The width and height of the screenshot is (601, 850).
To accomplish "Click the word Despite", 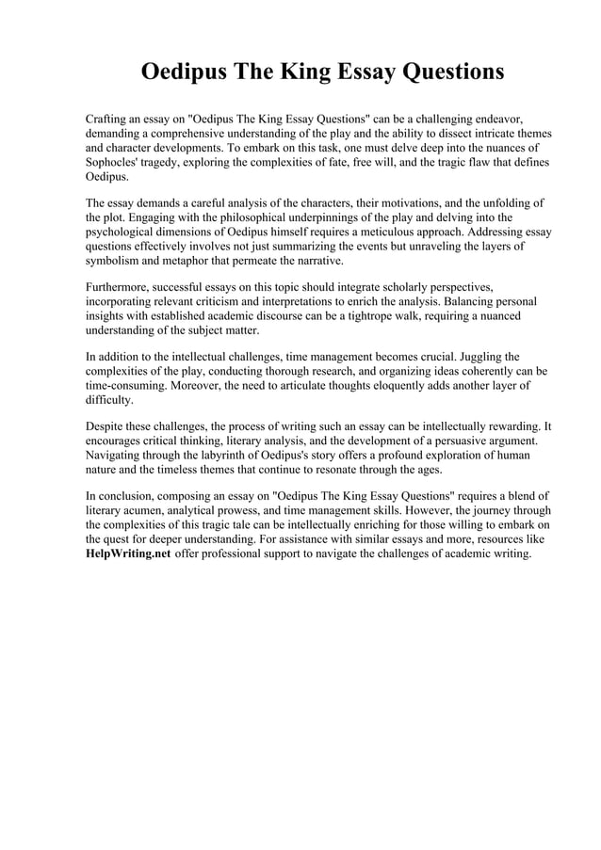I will coord(106,425).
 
